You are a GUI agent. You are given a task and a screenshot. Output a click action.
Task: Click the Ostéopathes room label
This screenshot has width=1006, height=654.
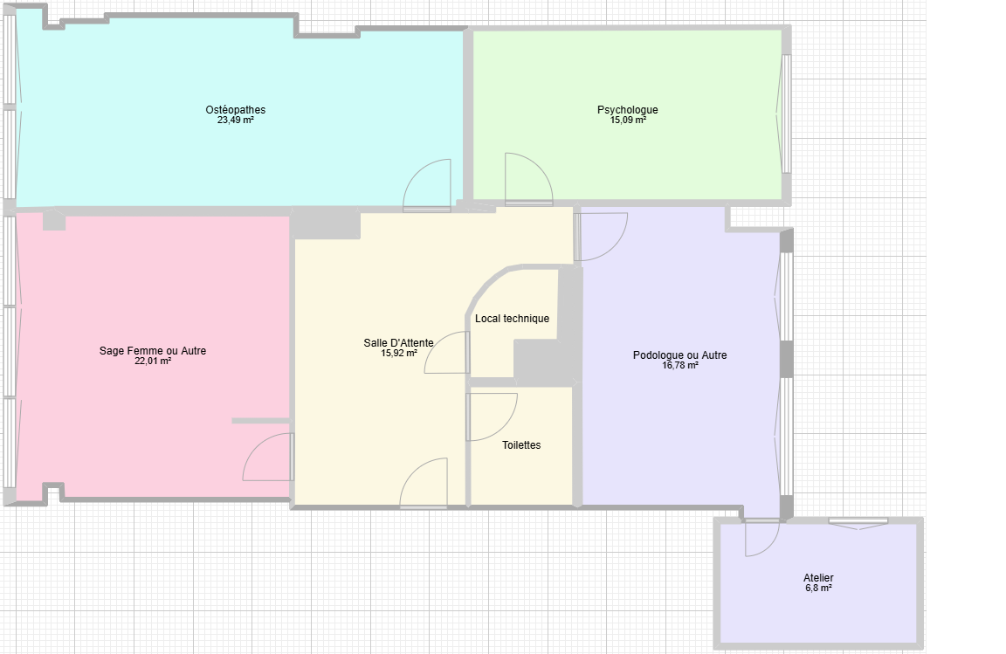[x=236, y=110]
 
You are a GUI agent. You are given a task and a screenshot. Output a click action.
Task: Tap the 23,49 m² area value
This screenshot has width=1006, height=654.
[x=236, y=120]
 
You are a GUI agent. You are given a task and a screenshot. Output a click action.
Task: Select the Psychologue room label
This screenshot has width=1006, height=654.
[x=628, y=110]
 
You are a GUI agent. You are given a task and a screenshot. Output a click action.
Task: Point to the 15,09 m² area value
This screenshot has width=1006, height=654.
[x=628, y=120]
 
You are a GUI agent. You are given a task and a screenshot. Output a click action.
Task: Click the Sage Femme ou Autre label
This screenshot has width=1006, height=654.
[x=153, y=350]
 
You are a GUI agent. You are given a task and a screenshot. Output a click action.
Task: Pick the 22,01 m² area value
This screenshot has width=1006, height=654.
[x=153, y=361]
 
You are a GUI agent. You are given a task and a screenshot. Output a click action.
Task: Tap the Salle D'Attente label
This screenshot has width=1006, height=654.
[x=398, y=343]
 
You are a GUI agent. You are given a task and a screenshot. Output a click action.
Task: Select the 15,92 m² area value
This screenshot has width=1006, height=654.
[x=398, y=353]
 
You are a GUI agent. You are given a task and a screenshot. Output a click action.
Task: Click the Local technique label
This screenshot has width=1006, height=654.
[x=512, y=319]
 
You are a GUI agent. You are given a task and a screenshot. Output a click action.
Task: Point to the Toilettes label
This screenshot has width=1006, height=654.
[x=521, y=444]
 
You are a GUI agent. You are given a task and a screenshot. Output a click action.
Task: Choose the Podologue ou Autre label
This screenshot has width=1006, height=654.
[x=679, y=355]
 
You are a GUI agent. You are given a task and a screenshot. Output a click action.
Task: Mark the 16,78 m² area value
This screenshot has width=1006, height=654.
[x=679, y=365]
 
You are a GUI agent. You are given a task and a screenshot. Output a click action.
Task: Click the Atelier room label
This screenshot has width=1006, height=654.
[x=818, y=578]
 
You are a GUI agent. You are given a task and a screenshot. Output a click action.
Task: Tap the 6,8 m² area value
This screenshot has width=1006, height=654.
[x=818, y=588]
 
